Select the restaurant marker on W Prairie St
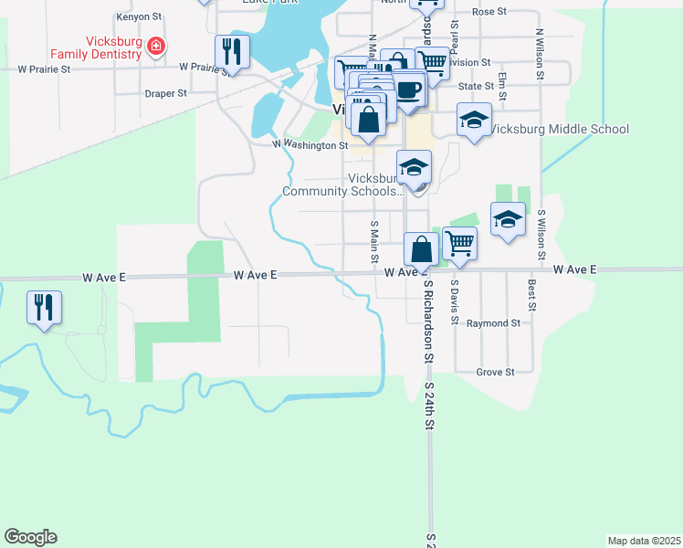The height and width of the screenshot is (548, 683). [232, 53]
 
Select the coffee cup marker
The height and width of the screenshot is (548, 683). [409, 91]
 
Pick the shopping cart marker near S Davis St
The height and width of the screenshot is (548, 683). [459, 245]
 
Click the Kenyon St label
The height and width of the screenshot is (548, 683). [138, 17]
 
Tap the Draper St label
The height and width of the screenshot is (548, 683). [166, 93]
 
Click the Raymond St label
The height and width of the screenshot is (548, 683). [493, 323]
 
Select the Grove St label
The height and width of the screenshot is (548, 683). [497, 372]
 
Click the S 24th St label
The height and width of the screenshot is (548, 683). [428, 406]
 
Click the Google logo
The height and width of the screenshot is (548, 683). [30, 537]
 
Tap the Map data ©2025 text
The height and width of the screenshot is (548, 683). [643, 541]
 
